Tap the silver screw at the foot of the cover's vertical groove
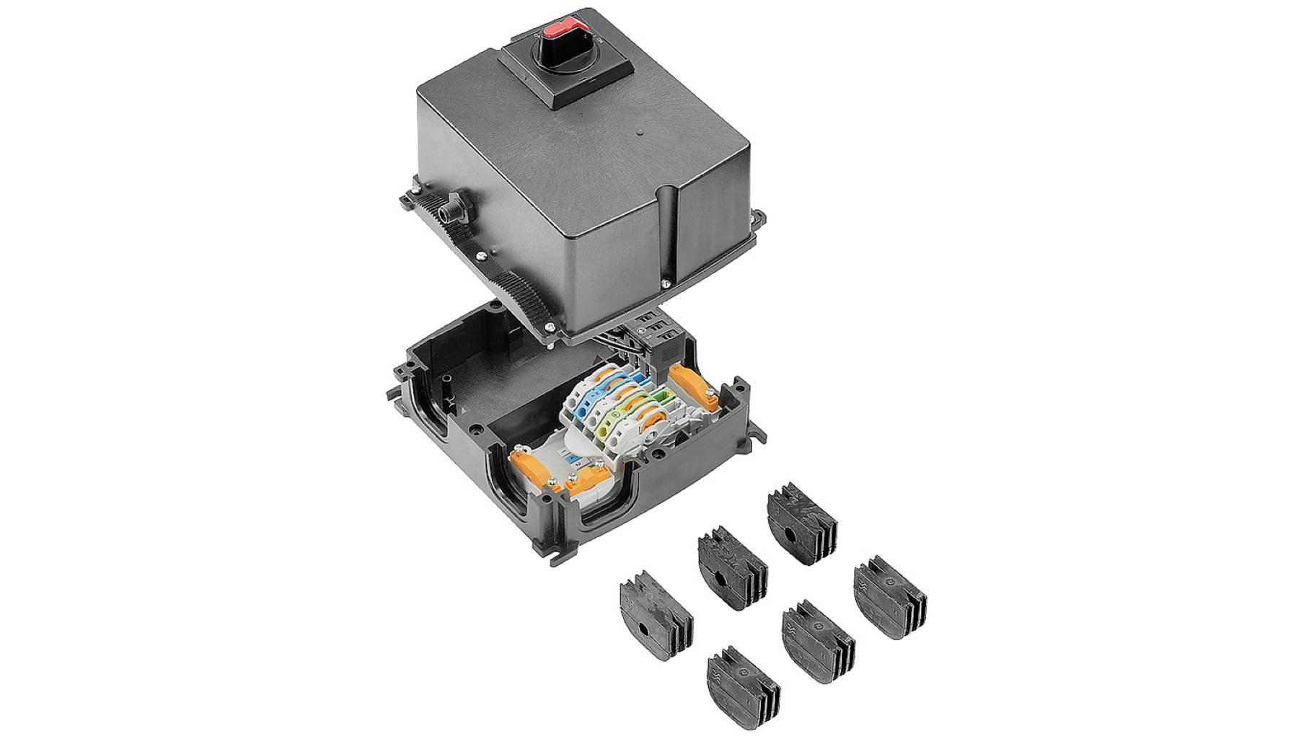coord(674,283)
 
